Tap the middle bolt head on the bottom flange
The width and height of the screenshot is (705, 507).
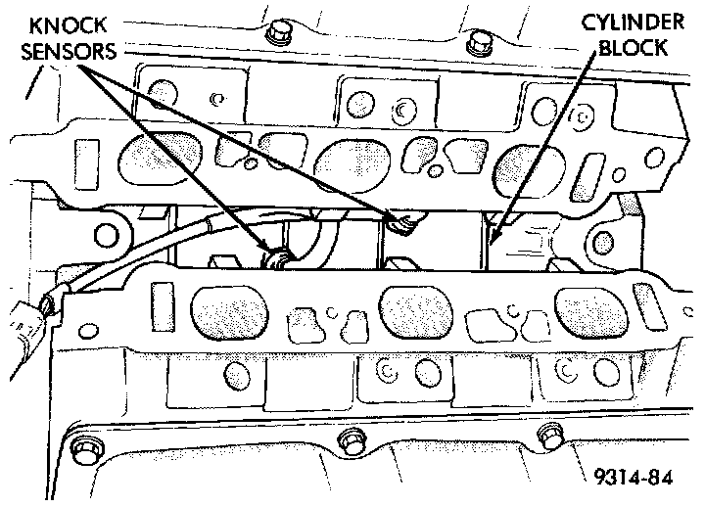click(347, 442)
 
